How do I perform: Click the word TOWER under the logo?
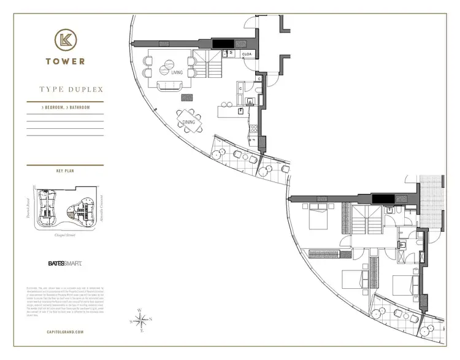(64, 61)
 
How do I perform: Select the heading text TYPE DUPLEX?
(71, 90)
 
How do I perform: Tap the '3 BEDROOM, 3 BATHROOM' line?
(62, 108)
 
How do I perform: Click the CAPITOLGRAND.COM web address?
(64, 332)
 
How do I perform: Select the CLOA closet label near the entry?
(248, 55)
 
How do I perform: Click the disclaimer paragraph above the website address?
(64, 304)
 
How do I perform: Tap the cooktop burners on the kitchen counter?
(251, 102)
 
